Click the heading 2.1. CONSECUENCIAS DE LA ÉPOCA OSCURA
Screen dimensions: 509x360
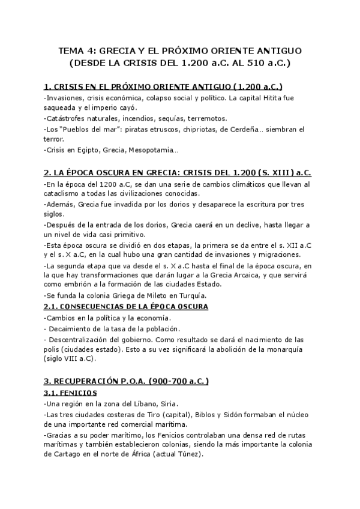point(126,306)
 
